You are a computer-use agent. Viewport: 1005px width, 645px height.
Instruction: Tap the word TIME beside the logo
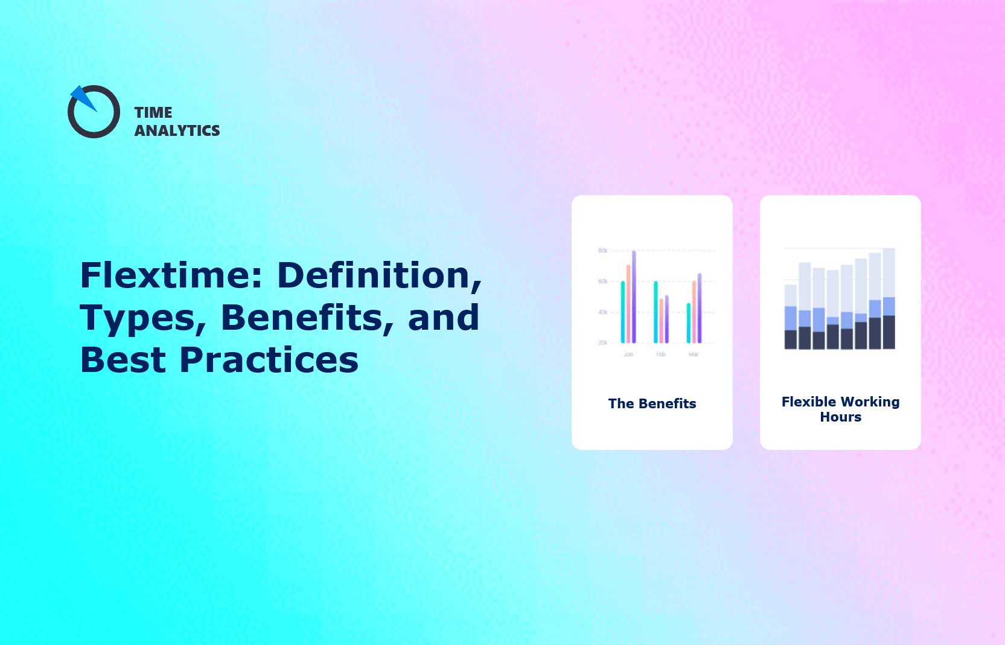point(153,113)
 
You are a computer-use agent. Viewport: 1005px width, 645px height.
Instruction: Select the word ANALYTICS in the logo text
point(177,131)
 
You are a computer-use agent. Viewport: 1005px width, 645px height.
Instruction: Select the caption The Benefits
point(652,403)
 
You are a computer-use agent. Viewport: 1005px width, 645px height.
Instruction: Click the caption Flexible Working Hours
point(840,409)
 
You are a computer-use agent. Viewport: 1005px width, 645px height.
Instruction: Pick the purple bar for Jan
point(634,296)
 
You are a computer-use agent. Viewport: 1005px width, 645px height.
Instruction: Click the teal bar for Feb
point(656,312)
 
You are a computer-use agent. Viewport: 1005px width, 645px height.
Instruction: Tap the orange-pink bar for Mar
point(694,312)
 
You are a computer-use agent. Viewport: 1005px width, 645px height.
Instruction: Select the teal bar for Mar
point(688,322)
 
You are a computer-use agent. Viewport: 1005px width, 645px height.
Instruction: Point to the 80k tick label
point(602,250)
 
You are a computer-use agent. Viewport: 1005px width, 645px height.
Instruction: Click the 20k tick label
point(602,342)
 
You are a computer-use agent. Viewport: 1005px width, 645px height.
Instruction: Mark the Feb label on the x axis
point(661,355)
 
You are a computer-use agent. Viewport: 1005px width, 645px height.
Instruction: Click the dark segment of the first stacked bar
point(791,339)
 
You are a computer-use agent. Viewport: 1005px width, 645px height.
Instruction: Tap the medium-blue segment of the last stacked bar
point(889,306)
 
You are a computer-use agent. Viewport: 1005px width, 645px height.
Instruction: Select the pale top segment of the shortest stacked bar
point(791,295)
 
